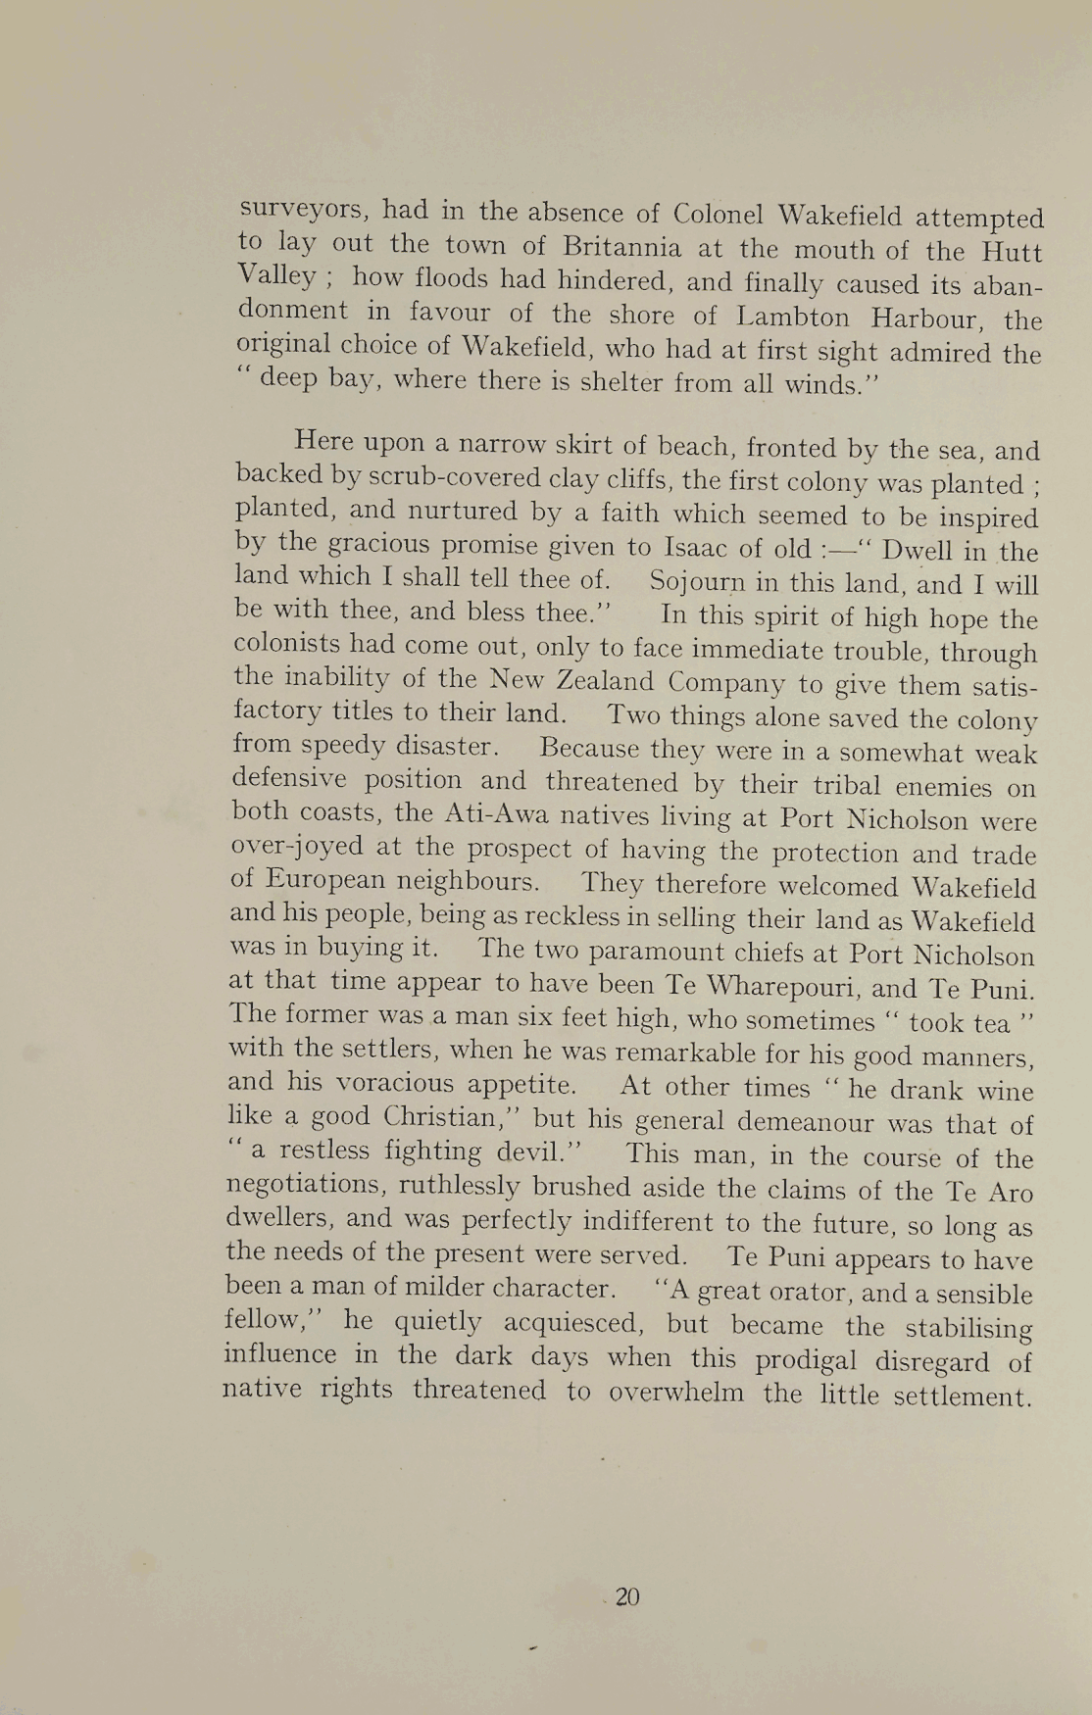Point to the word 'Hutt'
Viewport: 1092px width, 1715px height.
pos(1011,252)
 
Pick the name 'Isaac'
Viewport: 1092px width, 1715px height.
pos(699,547)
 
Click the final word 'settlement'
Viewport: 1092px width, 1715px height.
pos(964,1396)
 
